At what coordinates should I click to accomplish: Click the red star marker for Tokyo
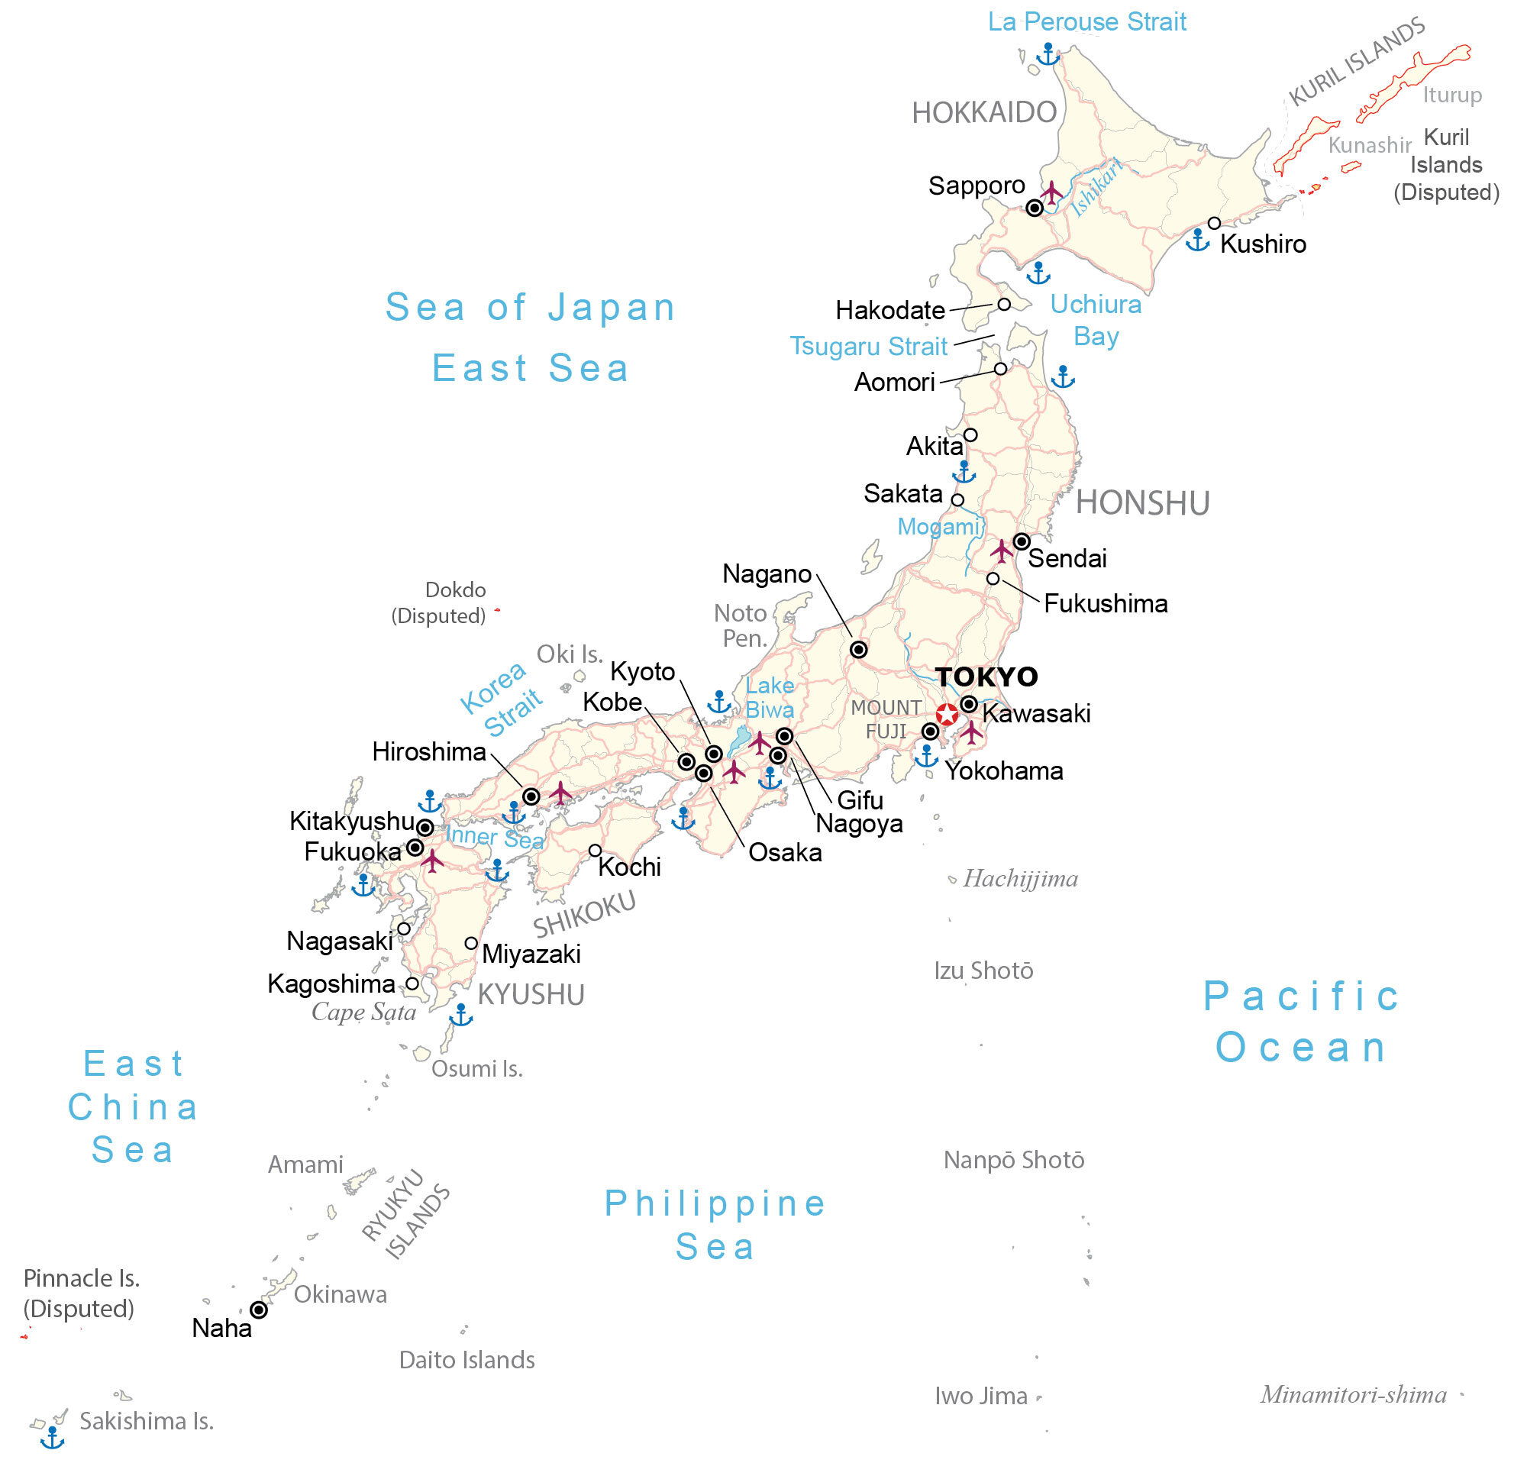(x=947, y=715)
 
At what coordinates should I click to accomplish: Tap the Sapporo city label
(x=977, y=186)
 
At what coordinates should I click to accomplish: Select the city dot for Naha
(x=259, y=1310)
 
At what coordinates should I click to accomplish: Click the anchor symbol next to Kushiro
(x=1197, y=240)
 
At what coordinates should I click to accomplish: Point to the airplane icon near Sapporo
(x=1052, y=192)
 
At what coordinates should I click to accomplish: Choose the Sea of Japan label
(x=530, y=306)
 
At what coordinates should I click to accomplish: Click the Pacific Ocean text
(x=1301, y=1021)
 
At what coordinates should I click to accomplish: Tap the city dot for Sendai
(x=1022, y=541)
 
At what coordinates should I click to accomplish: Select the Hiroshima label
(x=428, y=752)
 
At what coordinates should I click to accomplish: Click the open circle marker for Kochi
(x=596, y=850)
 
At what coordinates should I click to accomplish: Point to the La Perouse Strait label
(x=1086, y=22)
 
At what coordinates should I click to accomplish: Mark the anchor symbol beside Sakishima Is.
(x=52, y=1437)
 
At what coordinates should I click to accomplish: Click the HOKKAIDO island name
(x=984, y=113)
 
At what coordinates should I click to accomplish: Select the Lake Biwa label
(x=770, y=697)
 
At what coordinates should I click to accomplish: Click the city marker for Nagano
(x=858, y=649)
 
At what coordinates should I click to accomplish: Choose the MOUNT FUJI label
(x=886, y=719)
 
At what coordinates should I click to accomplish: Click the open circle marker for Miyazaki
(x=471, y=943)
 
